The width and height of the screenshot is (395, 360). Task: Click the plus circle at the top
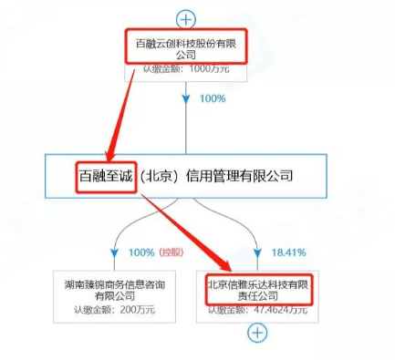tap(186, 18)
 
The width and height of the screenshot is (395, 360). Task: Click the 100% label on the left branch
tap(141, 251)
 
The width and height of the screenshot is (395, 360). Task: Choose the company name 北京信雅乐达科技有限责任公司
tap(258, 288)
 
